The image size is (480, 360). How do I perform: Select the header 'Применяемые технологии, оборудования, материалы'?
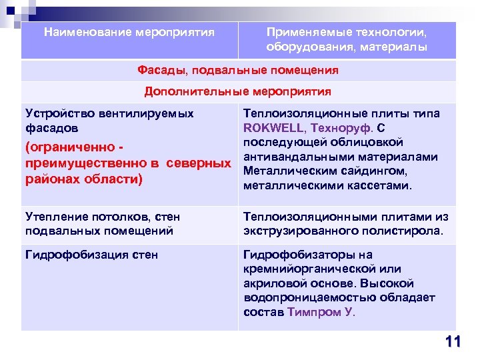347,39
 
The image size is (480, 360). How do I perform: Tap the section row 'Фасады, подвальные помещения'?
238,70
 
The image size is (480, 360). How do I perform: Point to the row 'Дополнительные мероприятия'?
238,91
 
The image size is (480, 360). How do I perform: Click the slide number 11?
453,342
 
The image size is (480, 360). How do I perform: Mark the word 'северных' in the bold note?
200,164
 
